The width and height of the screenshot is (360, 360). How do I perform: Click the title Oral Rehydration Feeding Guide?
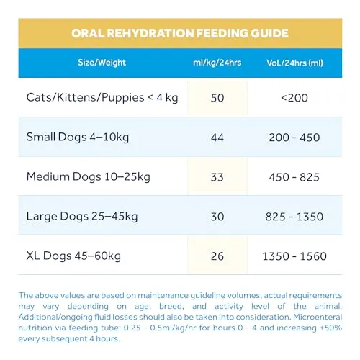tap(180, 33)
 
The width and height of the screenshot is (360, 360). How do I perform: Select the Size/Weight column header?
tap(102, 63)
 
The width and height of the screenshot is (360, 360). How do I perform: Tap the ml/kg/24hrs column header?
tap(217, 63)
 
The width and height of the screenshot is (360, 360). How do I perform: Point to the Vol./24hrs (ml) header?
tap(294, 63)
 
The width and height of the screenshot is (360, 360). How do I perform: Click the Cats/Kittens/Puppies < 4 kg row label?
tap(102, 98)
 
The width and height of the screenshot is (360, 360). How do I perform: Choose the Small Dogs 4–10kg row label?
tap(78, 138)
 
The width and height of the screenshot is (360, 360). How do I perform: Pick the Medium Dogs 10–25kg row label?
tap(89, 177)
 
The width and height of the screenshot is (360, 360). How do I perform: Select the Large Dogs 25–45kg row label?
tap(82, 217)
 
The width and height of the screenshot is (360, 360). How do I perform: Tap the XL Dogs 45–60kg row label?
tap(73, 256)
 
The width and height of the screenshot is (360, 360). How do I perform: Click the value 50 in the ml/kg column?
tap(217, 98)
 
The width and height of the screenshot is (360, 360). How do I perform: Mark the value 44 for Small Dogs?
tap(217, 138)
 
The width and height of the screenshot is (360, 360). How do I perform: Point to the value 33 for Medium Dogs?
tap(217, 177)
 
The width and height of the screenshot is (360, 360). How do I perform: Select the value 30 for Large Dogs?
tap(217, 217)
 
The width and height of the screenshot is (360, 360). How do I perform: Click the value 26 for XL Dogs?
tap(217, 256)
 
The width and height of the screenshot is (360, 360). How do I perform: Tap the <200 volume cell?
tap(294, 98)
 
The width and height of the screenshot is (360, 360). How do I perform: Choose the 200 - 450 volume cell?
tap(294, 138)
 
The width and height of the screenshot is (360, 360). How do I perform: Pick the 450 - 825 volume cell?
tap(294, 177)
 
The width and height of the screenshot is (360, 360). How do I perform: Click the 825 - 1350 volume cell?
tap(294, 217)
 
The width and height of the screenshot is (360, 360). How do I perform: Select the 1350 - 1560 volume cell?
tap(294, 256)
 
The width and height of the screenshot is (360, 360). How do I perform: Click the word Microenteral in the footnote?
tap(318, 317)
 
